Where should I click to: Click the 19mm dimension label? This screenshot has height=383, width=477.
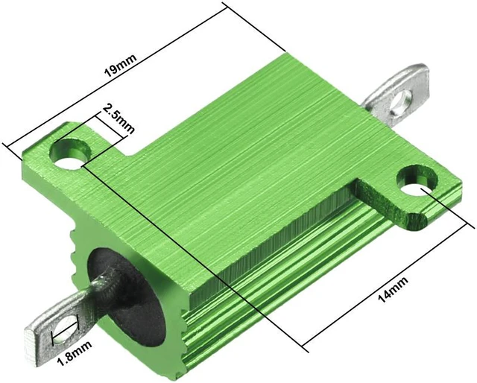pos(121,65)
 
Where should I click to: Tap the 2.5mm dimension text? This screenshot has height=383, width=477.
pos(117,118)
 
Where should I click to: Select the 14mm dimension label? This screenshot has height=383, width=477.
pos(393,289)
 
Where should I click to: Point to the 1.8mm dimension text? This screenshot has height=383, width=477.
pos(75,354)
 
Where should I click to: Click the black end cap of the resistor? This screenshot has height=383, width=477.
pos(127,297)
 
